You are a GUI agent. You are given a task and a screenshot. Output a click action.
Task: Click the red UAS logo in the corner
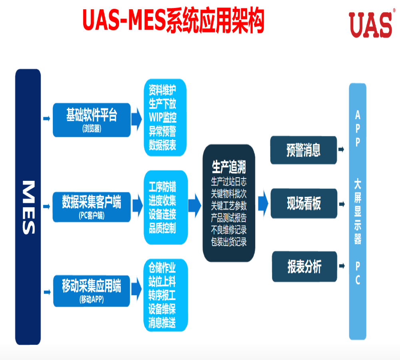(370, 25)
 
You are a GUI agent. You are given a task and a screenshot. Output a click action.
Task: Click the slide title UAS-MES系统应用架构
(173, 20)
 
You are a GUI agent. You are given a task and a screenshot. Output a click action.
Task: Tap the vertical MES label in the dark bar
(28, 207)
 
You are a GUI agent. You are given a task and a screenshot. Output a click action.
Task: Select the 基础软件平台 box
(92, 120)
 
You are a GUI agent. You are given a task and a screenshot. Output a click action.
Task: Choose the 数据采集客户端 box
(92, 206)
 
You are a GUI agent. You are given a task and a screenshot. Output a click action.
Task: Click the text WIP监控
(162, 118)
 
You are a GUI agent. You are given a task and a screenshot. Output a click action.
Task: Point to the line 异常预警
(162, 131)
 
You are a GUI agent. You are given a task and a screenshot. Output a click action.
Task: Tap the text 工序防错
(162, 187)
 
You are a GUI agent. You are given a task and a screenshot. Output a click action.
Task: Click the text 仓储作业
(162, 267)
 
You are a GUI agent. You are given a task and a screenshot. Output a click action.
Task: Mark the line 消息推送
(162, 322)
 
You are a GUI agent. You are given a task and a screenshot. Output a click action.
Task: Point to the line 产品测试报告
(229, 218)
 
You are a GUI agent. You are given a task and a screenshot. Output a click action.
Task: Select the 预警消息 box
(304, 150)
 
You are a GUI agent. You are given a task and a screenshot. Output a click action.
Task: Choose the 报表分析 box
(304, 267)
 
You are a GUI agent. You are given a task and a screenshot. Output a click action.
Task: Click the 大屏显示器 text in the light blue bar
(358, 212)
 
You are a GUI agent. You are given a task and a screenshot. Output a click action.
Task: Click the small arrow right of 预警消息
(341, 149)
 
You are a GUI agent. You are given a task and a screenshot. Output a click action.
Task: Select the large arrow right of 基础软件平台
(137, 118)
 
